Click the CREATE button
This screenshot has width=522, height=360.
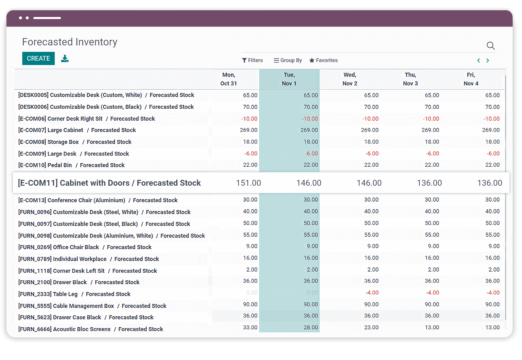[38, 58]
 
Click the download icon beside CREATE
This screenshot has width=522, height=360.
[65, 59]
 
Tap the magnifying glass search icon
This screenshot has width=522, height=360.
[490, 46]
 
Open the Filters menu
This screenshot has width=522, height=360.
[252, 60]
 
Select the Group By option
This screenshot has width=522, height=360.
[288, 60]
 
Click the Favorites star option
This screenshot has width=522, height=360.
[324, 60]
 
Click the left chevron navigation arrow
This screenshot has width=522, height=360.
[478, 60]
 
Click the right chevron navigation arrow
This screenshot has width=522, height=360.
[487, 60]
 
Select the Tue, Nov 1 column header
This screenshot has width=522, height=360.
[289, 79]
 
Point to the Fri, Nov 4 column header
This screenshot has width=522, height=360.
[471, 79]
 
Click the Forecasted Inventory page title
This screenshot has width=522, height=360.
[70, 42]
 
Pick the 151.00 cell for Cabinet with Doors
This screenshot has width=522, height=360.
[248, 183]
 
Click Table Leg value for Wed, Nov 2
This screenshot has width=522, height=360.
[372, 293]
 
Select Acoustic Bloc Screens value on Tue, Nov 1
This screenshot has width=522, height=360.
[311, 327]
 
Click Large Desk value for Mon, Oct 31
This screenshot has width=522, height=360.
[251, 153]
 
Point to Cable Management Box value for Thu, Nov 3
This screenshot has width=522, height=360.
[432, 304]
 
